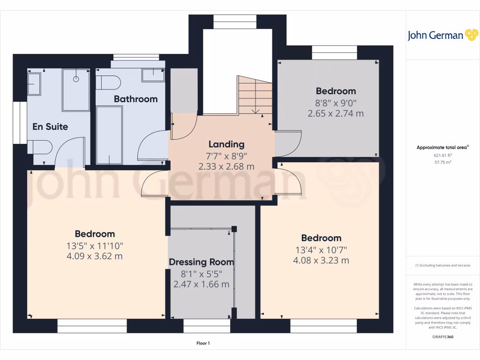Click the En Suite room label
tap(50, 127)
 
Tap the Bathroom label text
tap(135, 99)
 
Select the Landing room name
tap(226, 144)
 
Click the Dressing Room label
tap(202, 262)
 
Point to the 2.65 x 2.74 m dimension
tap(336, 113)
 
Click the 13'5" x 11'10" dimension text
tap(95, 246)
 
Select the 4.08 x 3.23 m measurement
tap(321, 261)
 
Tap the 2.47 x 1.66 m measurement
tap(202, 285)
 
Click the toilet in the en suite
tap(40, 147)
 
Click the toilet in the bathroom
tap(108, 82)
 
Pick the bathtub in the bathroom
tap(109, 135)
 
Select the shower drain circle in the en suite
tap(76, 79)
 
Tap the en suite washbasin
tap(34, 84)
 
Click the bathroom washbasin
tap(153, 75)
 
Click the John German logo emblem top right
tap(472, 35)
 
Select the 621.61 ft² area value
tap(442, 156)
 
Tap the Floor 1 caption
tap(203, 343)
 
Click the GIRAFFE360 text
tap(442, 337)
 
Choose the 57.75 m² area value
tap(442, 162)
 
